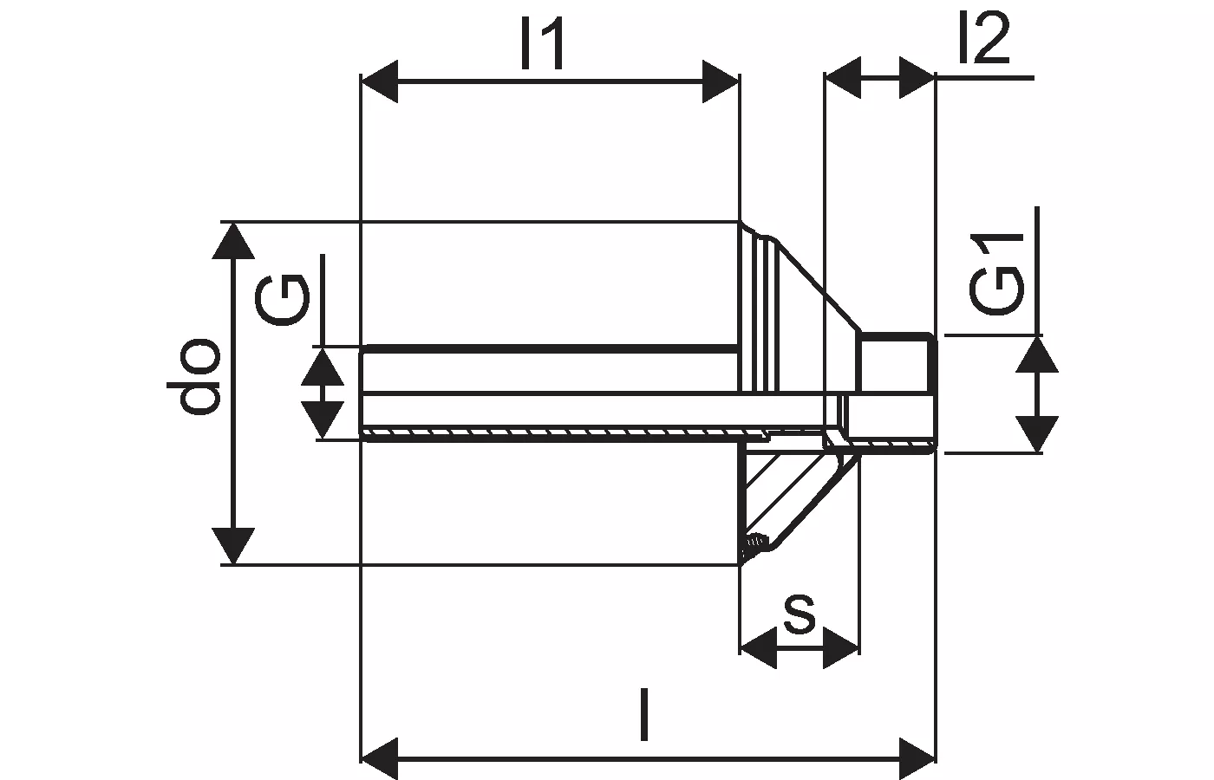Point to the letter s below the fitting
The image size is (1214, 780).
(x=799, y=613)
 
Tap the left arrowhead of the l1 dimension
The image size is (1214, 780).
(x=380, y=81)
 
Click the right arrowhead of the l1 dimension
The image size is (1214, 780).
(x=720, y=81)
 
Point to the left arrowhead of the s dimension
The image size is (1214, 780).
(x=759, y=648)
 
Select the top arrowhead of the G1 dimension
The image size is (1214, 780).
(x=1037, y=355)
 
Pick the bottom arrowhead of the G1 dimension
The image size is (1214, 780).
(x=1037, y=433)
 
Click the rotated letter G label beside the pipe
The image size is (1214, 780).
(x=282, y=299)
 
